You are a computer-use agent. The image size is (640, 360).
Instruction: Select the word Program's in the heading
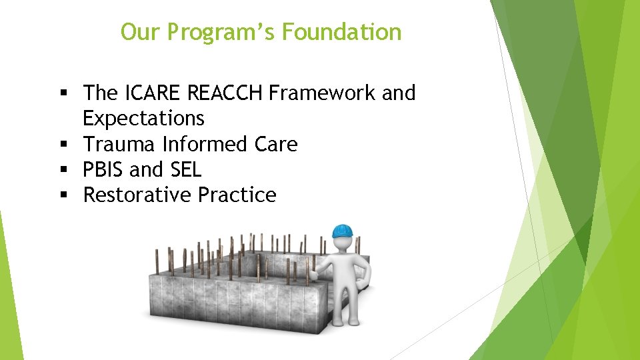click(x=223, y=32)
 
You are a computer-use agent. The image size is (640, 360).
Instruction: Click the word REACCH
click(x=231, y=93)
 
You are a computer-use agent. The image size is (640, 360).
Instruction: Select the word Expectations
click(x=143, y=118)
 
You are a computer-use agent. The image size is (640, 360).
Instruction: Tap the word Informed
click(x=201, y=144)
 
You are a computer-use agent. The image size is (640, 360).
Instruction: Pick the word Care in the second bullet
click(x=274, y=144)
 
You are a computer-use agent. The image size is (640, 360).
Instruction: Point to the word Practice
click(x=237, y=195)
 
